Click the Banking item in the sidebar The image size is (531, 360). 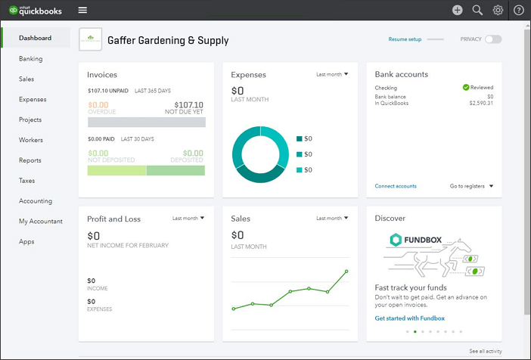(x=31, y=58)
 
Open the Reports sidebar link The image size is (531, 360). (x=30, y=160)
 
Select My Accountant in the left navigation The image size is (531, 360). (x=41, y=222)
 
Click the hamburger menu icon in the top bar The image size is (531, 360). (x=82, y=10)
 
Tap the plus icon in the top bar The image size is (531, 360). (x=457, y=10)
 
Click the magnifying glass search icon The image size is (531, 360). (x=477, y=10)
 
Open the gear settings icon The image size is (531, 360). (x=498, y=10)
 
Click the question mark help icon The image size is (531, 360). (x=519, y=10)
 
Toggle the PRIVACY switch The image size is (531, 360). (x=493, y=39)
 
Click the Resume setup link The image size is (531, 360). (x=405, y=39)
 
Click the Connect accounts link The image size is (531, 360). (x=396, y=186)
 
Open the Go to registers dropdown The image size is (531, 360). (x=471, y=186)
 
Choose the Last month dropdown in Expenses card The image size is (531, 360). (x=332, y=74)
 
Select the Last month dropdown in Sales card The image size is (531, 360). (x=332, y=218)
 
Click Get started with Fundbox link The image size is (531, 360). (x=410, y=318)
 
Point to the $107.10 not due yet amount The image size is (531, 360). (x=188, y=105)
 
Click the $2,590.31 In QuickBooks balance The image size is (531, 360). (x=480, y=103)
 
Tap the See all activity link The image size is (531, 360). (x=485, y=352)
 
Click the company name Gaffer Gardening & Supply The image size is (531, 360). (x=168, y=40)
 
